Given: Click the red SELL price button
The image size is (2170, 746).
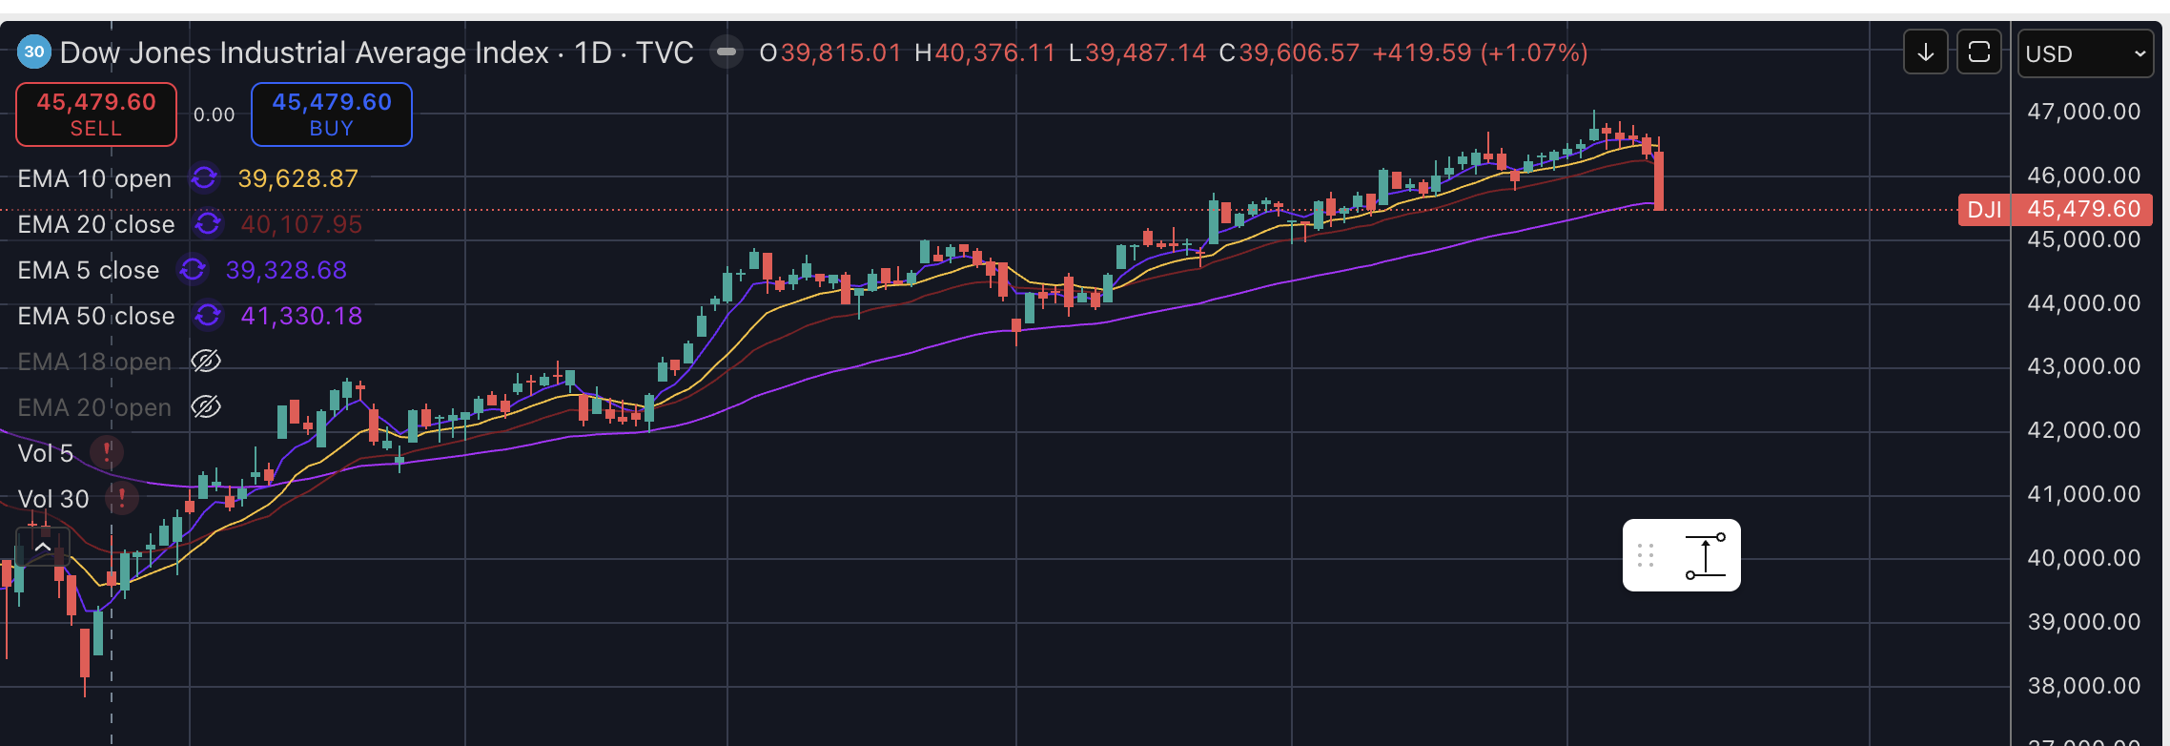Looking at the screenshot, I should pyautogui.click(x=96, y=114).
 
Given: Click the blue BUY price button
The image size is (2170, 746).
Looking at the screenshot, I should pyautogui.click(x=331, y=114).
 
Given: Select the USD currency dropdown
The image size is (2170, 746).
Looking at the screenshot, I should pyautogui.click(x=2084, y=53).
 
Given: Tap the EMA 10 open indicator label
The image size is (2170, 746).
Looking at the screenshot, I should pyautogui.click(x=94, y=178).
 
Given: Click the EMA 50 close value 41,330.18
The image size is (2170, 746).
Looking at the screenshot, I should pyautogui.click(x=301, y=316).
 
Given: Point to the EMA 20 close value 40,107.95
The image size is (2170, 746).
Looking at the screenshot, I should pyautogui.click(x=301, y=224).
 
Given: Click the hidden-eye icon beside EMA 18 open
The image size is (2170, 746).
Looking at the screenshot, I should pyautogui.click(x=206, y=362).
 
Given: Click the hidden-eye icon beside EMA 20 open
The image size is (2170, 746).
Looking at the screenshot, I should pyautogui.click(x=206, y=407).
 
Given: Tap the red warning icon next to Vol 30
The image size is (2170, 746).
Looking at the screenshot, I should pyautogui.click(x=122, y=498).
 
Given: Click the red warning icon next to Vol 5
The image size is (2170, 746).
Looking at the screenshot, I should pyautogui.click(x=107, y=452).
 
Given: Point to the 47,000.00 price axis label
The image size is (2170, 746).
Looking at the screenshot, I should pyautogui.click(x=2083, y=112).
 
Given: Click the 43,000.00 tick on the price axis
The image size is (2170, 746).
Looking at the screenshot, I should pyautogui.click(x=2083, y=366).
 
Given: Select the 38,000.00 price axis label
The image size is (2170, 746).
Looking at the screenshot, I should pyautogui.click(x=2083, y=686).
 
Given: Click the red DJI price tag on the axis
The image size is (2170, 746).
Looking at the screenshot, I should pyautogui.click(x=1984, y=209).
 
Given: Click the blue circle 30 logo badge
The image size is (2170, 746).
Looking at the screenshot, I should pyautogui.click(x=34, y=52).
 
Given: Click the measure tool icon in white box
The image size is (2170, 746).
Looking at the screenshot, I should pyautogui.click(x=1705, y=555).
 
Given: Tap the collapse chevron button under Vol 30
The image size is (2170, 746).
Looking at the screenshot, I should pyautogui.click(x=43, y=548).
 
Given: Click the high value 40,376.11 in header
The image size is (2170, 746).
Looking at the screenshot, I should pyautogui.click(x=994, y=52).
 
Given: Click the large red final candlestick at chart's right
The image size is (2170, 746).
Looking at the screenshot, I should pyautogui.click(x=1659, y=180).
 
